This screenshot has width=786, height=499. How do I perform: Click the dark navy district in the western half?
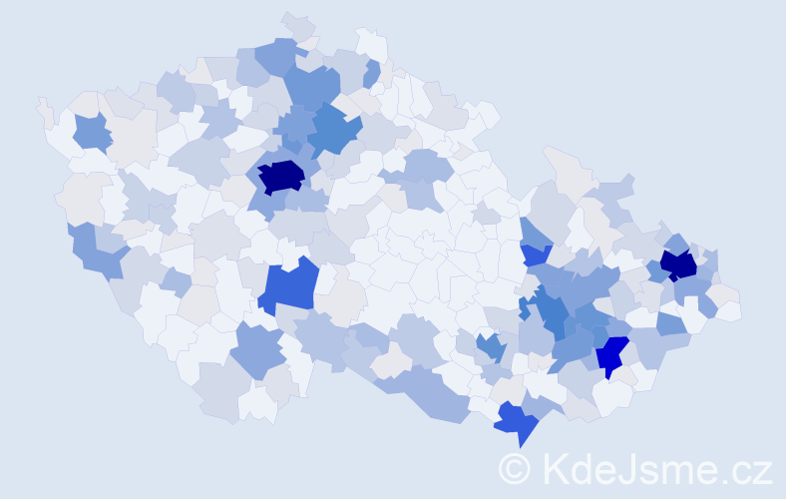coord(282,176)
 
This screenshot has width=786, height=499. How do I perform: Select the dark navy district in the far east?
coord(679,264)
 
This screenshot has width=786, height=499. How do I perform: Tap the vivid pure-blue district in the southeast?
coord(610,353)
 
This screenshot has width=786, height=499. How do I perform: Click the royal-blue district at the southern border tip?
coord(517,421)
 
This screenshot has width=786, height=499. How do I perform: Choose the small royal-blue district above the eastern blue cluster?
coord(536,254)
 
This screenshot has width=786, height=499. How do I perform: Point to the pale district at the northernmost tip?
coord(298,24)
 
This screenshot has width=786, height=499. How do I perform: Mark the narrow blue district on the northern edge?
coord(372,74)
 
